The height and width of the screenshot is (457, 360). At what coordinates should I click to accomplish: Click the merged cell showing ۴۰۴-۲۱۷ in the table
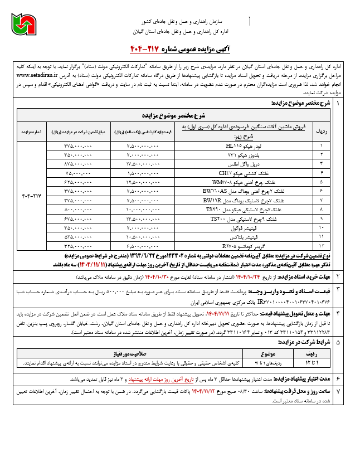click(32, 196)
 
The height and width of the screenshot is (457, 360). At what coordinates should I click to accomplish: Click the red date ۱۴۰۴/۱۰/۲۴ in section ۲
click(255, 276)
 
